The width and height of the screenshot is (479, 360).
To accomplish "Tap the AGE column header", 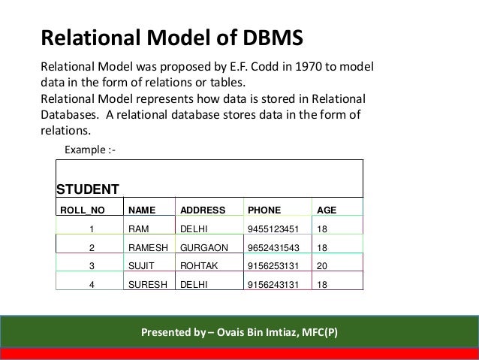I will [x=327, y=209].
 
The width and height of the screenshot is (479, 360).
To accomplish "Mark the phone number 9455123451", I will [x=272, y=226].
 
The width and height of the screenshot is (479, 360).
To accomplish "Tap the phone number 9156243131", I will [x=272, y=284].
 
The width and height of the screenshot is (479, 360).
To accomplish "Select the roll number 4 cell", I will [x=91, y=284].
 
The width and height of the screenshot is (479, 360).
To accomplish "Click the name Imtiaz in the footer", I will [x=276, y=331].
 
